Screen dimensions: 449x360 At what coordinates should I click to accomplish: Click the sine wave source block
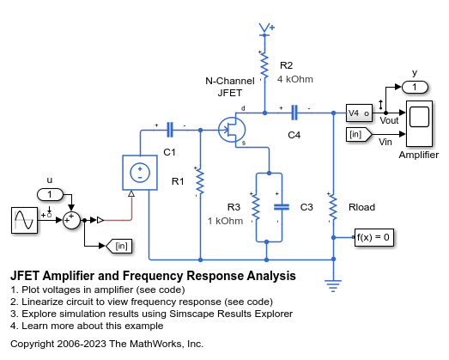pos(24,220)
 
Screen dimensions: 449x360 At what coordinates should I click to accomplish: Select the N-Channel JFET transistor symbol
pos(232,130)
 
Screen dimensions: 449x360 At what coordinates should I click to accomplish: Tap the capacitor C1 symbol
pos(170,130)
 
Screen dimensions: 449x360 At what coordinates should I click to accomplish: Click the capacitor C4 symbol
pos(294,113)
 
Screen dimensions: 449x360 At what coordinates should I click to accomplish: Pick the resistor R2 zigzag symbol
pos(264,65)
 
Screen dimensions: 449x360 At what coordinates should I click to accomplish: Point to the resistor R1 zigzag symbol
pos(200,182)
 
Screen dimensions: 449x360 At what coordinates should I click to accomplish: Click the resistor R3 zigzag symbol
pos(256,208)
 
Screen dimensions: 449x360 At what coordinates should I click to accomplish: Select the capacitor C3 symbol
pos(282,207)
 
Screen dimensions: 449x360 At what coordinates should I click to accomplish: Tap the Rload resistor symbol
pos(333,208)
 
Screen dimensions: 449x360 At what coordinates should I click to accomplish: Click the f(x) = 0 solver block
pos(374,237)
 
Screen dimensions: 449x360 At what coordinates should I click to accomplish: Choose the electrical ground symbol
pos(333,286)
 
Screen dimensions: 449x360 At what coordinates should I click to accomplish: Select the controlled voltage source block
pos(140,173)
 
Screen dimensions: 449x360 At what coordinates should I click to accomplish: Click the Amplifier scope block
pos(419,124)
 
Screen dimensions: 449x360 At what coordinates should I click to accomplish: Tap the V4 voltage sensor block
pos(359,113)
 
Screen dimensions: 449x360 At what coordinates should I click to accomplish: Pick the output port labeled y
pos(415,87)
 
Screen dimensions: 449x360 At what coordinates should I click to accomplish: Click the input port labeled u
pos(50,195)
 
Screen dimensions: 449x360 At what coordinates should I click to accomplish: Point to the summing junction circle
pos(71,220)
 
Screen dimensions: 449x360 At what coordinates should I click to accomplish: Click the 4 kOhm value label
pos(295,79)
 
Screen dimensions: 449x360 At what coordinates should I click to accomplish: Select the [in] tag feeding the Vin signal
pos(359,134)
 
